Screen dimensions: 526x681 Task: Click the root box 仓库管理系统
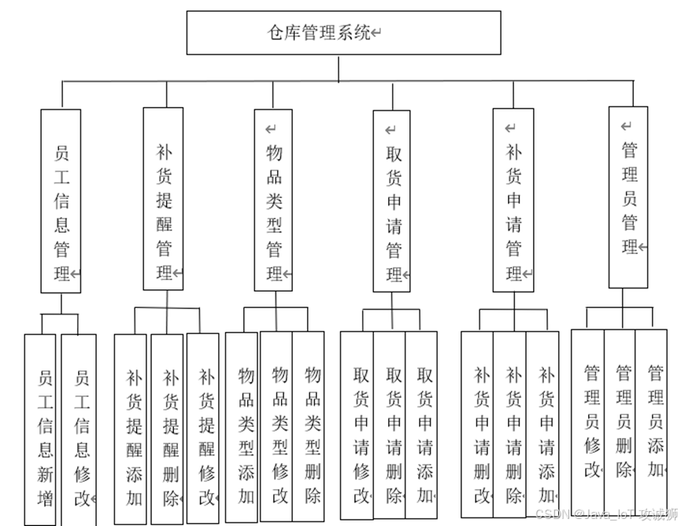(x=343, y=33)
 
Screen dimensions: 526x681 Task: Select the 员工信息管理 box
(x=61, y=201)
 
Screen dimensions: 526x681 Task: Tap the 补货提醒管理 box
(x=163, y=199)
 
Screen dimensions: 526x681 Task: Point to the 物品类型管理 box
(x=274, y=200)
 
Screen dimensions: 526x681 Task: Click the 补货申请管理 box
(x=513, y=200)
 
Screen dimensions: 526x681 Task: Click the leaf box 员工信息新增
(x=40, y=429)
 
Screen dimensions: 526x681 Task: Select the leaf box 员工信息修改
(x=80, y=429)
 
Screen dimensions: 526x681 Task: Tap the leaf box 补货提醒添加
(x=131, y=429)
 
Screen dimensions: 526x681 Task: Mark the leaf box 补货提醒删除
(x=167, y=429)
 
